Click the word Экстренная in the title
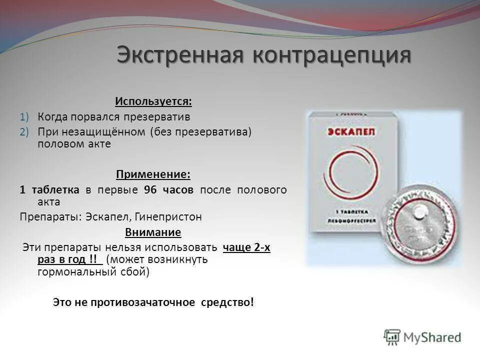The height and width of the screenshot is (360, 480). [x=181, y=54]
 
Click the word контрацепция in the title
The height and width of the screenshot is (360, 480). [x=331, y=54]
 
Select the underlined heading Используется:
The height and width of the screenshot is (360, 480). [x=153, y=101]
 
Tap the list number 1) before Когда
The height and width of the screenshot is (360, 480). [x=25, y=116]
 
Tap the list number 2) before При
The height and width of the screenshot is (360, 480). [x=25, y=131]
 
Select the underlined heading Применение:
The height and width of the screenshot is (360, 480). [x=153, y=174]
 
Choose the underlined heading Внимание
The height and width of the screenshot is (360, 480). [x=153, y=232]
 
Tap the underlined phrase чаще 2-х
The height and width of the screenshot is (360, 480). [x=246, y=247]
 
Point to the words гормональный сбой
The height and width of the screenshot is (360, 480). [x=93, y=272]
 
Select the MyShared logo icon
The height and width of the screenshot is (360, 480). [x=392, y=337]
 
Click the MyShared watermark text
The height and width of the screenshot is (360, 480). [x=432, y=338]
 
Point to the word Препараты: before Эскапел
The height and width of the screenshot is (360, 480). [x=50, y=217]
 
